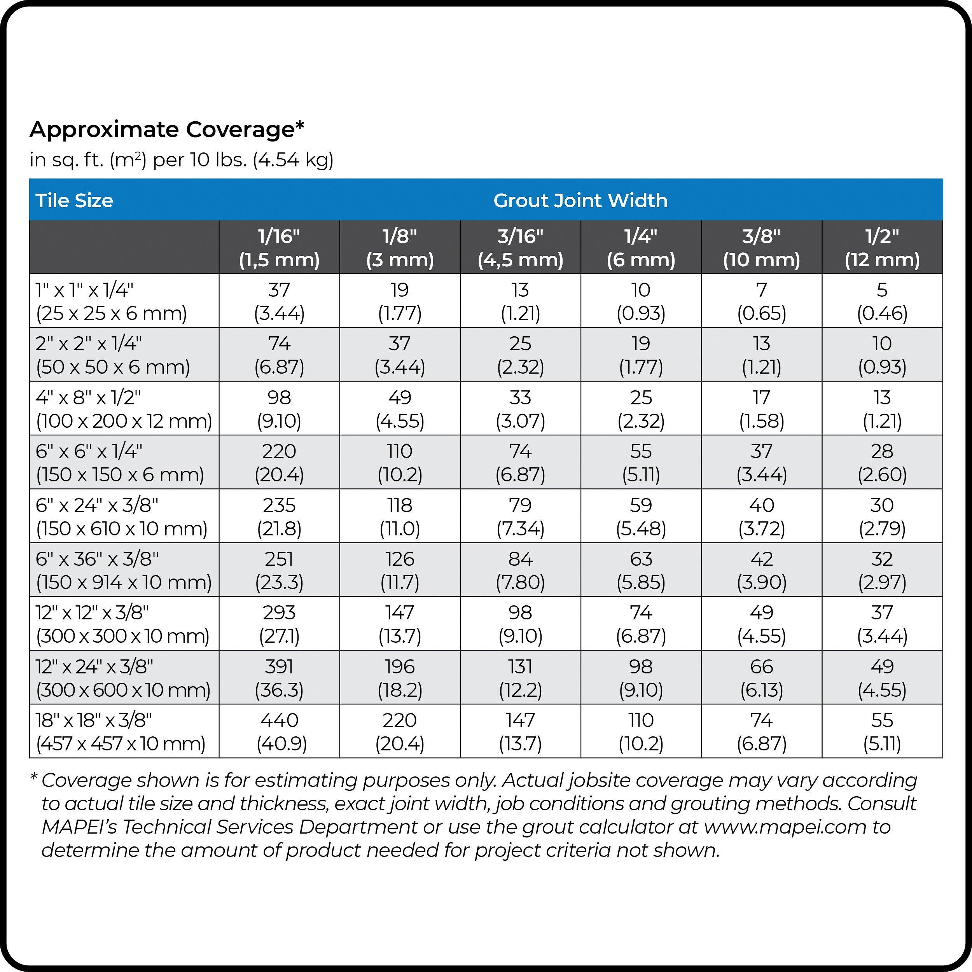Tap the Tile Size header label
tap(74, 200)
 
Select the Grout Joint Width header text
tap(580, 200)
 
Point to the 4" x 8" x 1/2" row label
tap(124, 409)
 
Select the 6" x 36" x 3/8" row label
tap(124, 570)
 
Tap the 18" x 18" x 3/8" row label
tap(121, 731)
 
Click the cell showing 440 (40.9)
tap(279, 731)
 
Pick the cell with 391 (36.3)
tap(279, 678)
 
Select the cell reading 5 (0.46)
tap(882, 301)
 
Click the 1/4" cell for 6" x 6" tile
tap(641, 462)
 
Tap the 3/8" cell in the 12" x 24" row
tap(761, 678)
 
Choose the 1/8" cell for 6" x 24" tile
tap(400, 516)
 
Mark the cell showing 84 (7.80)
tap(520, 570)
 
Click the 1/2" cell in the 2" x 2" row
tap(882, 355)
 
